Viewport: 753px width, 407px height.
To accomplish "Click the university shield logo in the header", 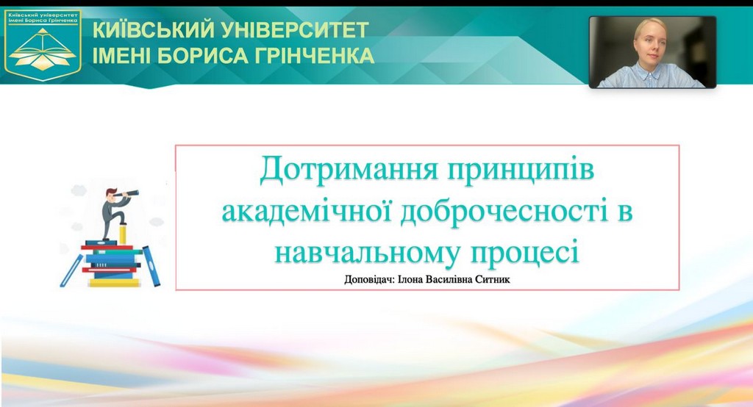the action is pos(43,46).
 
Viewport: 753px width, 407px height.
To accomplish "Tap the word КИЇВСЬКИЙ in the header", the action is pos(153,30).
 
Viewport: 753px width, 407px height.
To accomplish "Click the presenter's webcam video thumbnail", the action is pos(652,52).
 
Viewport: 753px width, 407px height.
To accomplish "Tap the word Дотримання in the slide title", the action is pos(349,170).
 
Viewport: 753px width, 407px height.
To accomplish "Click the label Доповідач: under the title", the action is pos(369,279).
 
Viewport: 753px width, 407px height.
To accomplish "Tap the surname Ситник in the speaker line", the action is pos(492,279).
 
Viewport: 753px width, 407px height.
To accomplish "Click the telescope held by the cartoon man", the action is pos(129,193).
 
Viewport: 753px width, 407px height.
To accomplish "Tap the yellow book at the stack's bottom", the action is pos(114,283).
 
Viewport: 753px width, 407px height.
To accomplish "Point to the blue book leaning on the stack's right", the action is pos(151,266).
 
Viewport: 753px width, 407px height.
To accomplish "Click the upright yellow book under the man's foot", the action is pos(123,234).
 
